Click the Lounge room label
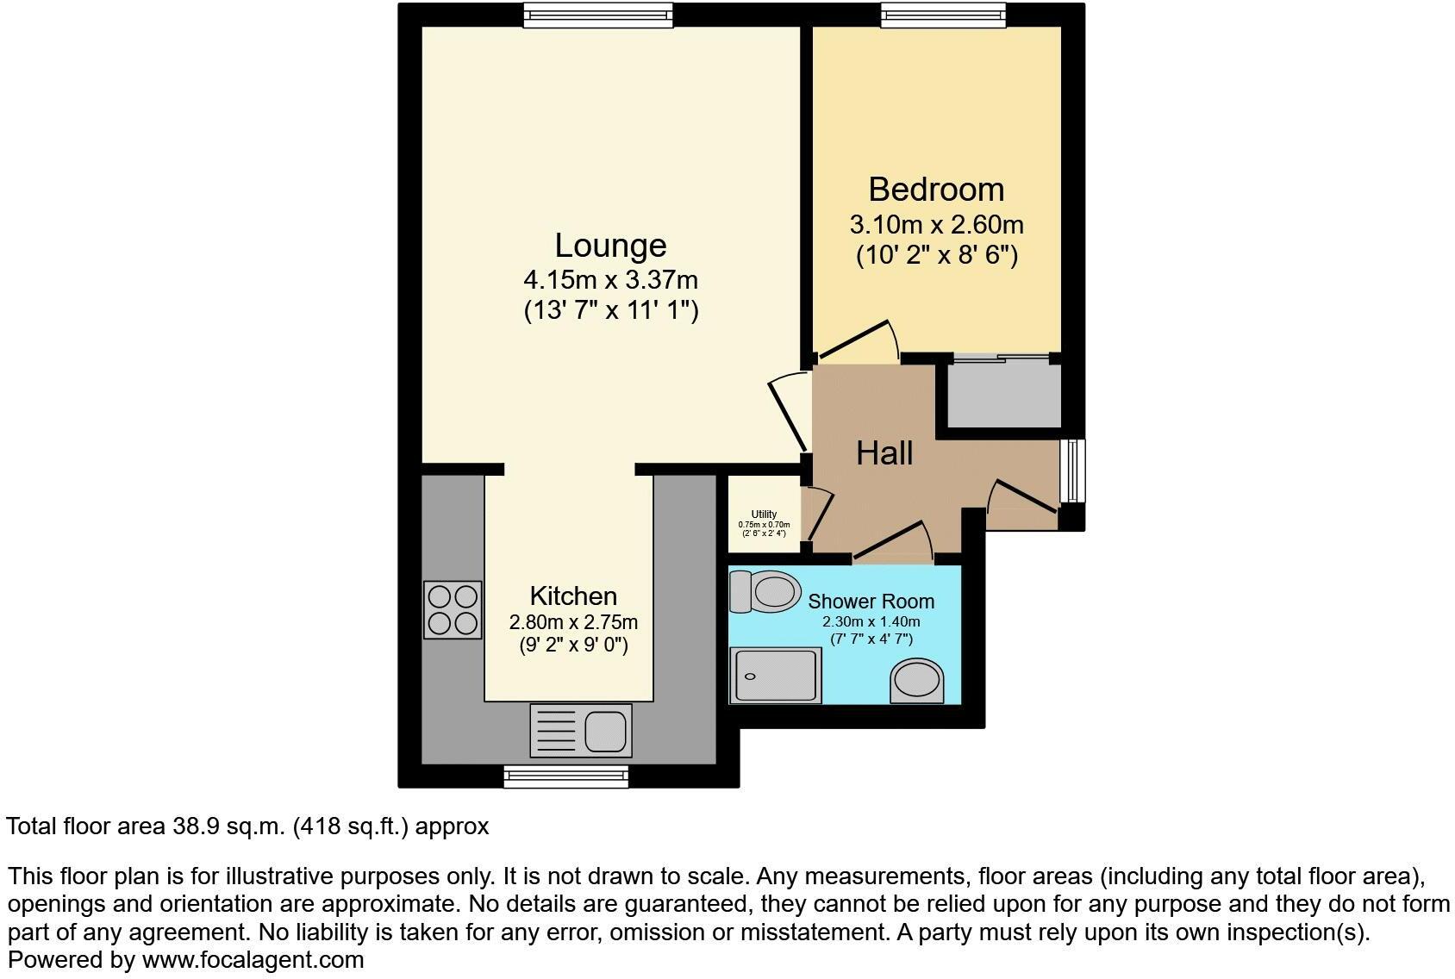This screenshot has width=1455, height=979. coord(610,246)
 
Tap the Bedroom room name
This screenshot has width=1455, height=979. coord(936,190)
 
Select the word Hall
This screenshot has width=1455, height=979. coord(884,453)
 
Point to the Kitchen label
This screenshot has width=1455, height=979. coord(573,596)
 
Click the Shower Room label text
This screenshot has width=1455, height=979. coord(871,602)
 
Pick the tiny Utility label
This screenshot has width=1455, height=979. coord(764,514)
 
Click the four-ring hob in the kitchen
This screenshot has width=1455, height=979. coord(453,609)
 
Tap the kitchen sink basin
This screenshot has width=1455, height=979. coord(607,732)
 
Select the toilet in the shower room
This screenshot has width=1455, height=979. coord(765,591)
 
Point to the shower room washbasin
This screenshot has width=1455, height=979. coord(917,681)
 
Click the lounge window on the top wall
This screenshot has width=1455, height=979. coord(597,15)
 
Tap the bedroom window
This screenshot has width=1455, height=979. coord(943,15)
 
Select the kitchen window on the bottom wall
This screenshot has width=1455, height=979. coord(566,776)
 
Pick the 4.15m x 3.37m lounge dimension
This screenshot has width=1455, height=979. coord(610,280)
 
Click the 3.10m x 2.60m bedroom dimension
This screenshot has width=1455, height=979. coord(936,226)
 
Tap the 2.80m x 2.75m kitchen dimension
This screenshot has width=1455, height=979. coord(573,622)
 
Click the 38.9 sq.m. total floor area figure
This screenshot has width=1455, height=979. coord(228,826)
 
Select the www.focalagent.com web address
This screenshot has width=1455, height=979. coord(253,959)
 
